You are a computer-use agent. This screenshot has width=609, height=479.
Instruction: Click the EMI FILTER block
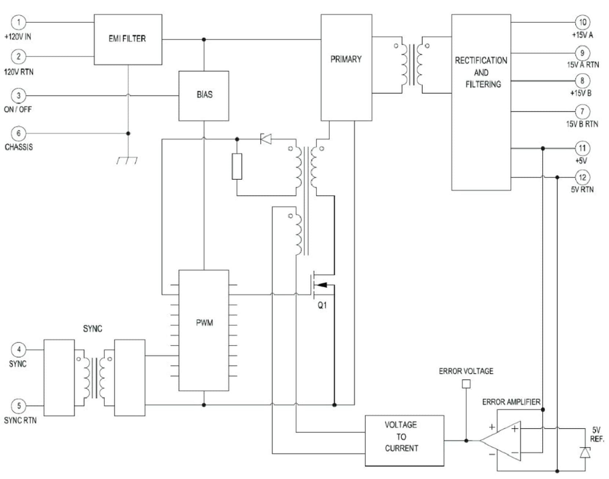(x=128, y=39)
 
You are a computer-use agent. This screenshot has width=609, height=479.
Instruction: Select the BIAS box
(x=204, y=95)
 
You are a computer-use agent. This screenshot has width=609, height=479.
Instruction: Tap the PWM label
(x=204, y=323)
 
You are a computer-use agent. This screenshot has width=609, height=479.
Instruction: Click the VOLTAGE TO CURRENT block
(x=404, y=440)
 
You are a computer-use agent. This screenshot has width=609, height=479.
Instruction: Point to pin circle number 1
(x=19, y=22)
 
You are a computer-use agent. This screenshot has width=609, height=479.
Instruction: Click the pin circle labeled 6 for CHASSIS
(x=19, y=133)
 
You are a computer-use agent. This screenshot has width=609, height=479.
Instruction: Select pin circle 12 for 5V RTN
(x=582, y=178)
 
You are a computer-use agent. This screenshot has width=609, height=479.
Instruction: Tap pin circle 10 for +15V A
(x=582, y=22)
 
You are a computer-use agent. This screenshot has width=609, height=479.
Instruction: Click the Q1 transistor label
(x=322, y=305)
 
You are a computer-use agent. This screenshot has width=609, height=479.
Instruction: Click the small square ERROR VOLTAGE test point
(x=466, y=384)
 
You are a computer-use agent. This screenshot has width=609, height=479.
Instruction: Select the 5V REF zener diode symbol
(x=585, y=453)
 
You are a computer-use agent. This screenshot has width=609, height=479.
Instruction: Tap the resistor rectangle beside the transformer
(x=237, y=167)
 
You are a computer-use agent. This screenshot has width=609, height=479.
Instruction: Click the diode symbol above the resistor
(x=266, y=139)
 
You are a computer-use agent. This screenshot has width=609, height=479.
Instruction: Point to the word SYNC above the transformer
(x=92, y=329)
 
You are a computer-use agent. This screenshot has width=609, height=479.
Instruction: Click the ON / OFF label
(x=18, y=109)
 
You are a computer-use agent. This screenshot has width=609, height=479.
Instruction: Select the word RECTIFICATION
(x=481, y=61)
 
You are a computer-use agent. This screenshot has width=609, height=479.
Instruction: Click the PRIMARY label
(x=346, y=59)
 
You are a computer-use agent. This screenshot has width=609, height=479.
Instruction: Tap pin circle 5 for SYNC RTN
(x=19, y=406)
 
